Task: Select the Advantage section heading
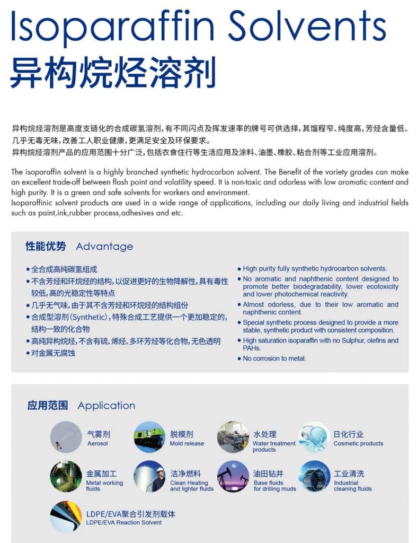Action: click(104, 247)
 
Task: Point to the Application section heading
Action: click(106, 406)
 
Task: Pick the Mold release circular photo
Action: click(149, 437)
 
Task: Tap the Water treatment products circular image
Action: click(233, 437)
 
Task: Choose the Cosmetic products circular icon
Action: click(315, 437)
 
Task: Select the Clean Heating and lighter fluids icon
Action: click(149, 476)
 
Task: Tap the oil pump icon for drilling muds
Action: click(233, 476)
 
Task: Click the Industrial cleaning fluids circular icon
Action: click(315, 476)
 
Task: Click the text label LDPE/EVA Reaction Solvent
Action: click(123, 522)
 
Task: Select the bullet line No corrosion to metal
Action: click(274, 358)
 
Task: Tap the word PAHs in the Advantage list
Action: click(252, 348)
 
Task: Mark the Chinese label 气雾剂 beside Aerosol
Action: click(99, 434)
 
